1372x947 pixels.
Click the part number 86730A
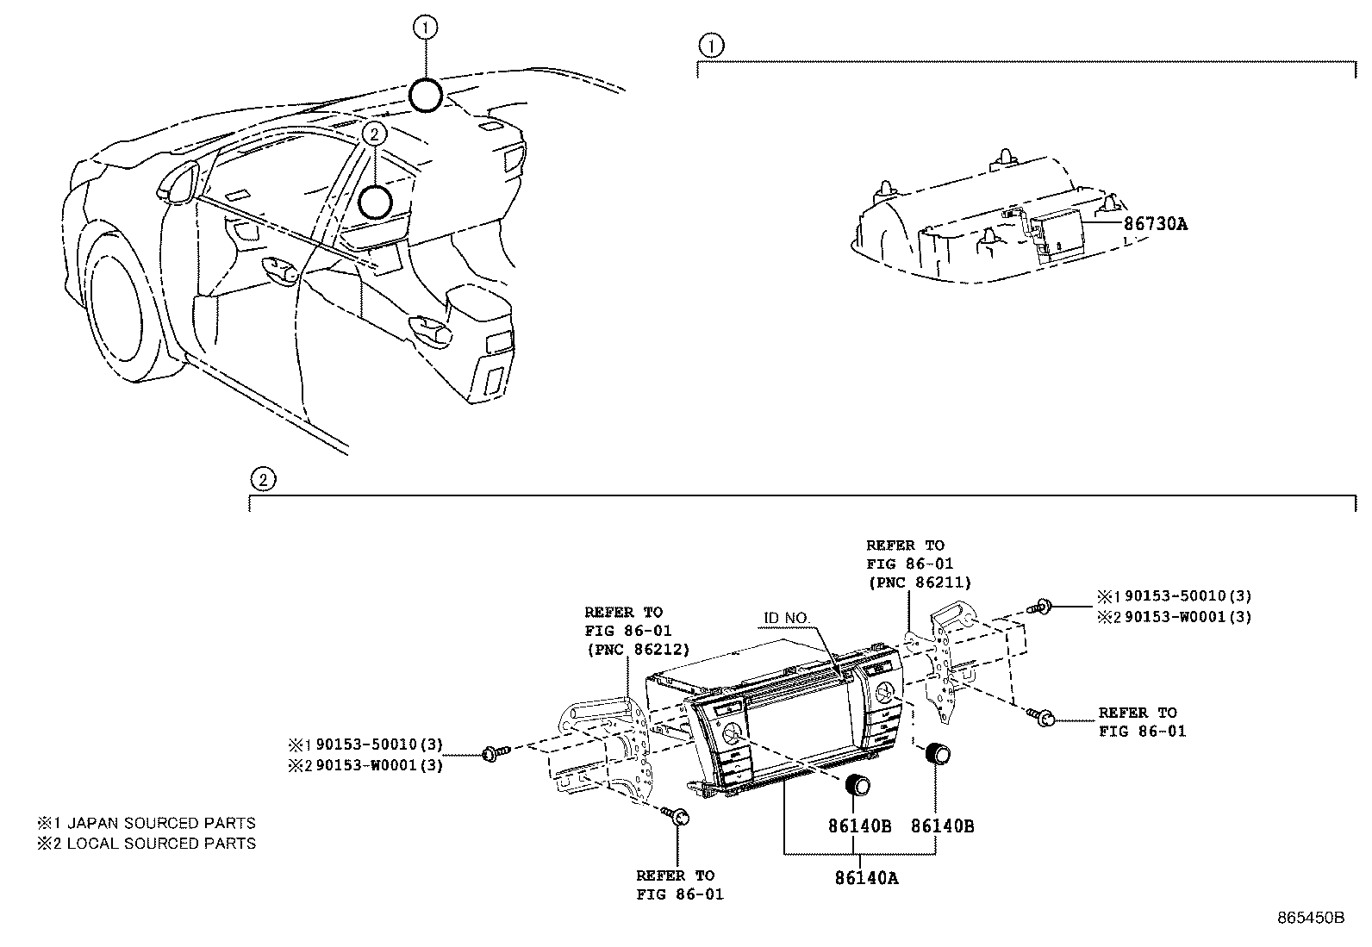(1155, 224)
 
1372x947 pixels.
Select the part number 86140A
(865, 878)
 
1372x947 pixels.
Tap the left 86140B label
(859, 826)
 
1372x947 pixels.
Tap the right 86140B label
(943, 826)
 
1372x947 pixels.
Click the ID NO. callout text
(787, 618)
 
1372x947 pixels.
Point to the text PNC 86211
(919, 583)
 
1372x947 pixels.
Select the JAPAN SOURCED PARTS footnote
(147, 823)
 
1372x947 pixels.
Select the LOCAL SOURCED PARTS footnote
(147, 844)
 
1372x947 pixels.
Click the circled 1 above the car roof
(426, 28)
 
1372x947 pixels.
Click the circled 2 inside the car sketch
(373, 133)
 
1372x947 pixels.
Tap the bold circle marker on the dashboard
(375, 202)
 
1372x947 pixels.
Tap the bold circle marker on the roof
(426, 95)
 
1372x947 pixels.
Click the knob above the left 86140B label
(857, 786)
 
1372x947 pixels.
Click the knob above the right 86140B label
(936, 754)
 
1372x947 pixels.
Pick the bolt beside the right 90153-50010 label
(1043, 607)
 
